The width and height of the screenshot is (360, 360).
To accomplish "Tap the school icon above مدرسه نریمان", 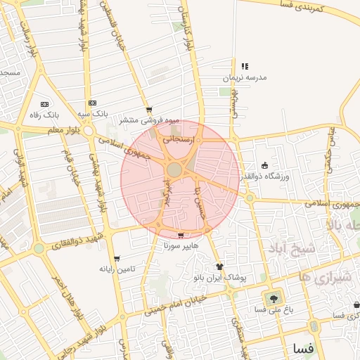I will tap(245, 66).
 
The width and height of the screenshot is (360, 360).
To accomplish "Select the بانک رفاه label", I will tap(43, 114).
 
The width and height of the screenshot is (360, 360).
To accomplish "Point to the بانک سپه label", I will tap(92, 113).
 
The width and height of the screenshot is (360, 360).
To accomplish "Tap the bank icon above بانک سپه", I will tap(93, 103).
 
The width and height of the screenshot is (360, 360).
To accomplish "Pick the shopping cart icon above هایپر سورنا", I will tap(181, 236).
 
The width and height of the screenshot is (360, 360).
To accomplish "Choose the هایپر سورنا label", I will tap(181, 247).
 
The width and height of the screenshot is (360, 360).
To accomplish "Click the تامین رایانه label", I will tap(116, 269).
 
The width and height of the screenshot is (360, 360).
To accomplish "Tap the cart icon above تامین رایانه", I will tap(116, 259).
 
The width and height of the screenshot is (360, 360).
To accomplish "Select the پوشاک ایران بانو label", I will tap(221, 278).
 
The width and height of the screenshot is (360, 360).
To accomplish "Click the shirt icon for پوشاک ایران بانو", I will tap(219, 266).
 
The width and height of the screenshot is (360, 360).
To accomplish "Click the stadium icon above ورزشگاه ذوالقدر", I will tap(264, 165).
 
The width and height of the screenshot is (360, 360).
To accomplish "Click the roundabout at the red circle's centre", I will tap(174, 170).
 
